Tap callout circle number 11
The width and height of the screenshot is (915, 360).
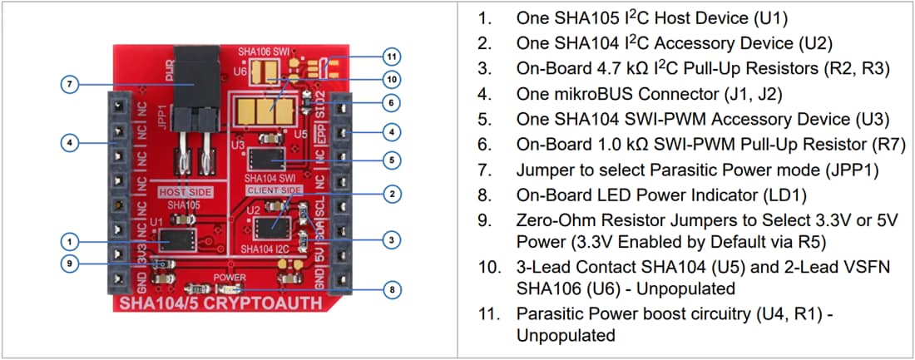pyautogui.click(x=392, y=57)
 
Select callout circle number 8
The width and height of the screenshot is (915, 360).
pyautogui.click(x=392, y=289)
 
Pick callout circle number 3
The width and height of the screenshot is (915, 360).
pyautogui.click(x=392, y=239)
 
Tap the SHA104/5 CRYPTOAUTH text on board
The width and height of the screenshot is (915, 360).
pyautogui.click(x=220, y=303)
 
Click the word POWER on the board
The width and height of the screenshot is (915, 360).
pyautogui.click(x=230, y=276)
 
